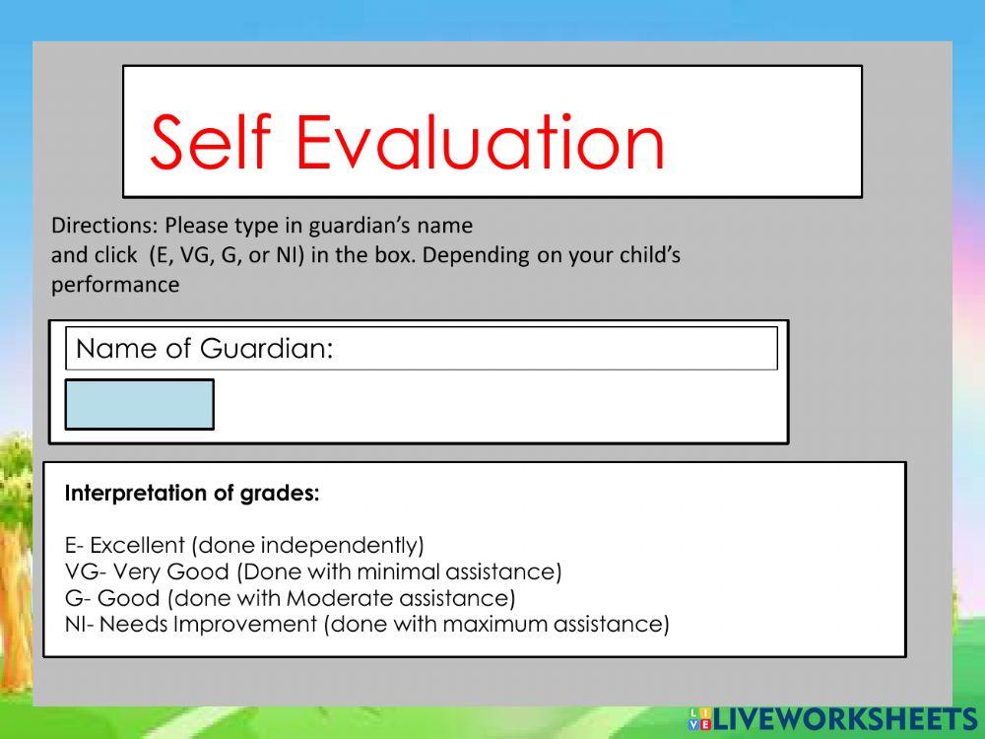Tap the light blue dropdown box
[139, 404]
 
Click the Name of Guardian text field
[552, 349]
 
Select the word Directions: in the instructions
[105, 226]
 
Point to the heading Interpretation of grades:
[192, 494]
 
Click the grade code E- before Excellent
[74, 545]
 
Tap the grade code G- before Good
[76, 598]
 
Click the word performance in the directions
[115, 285]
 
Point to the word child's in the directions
[650, 255]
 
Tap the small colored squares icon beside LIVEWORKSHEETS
[699, 718]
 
